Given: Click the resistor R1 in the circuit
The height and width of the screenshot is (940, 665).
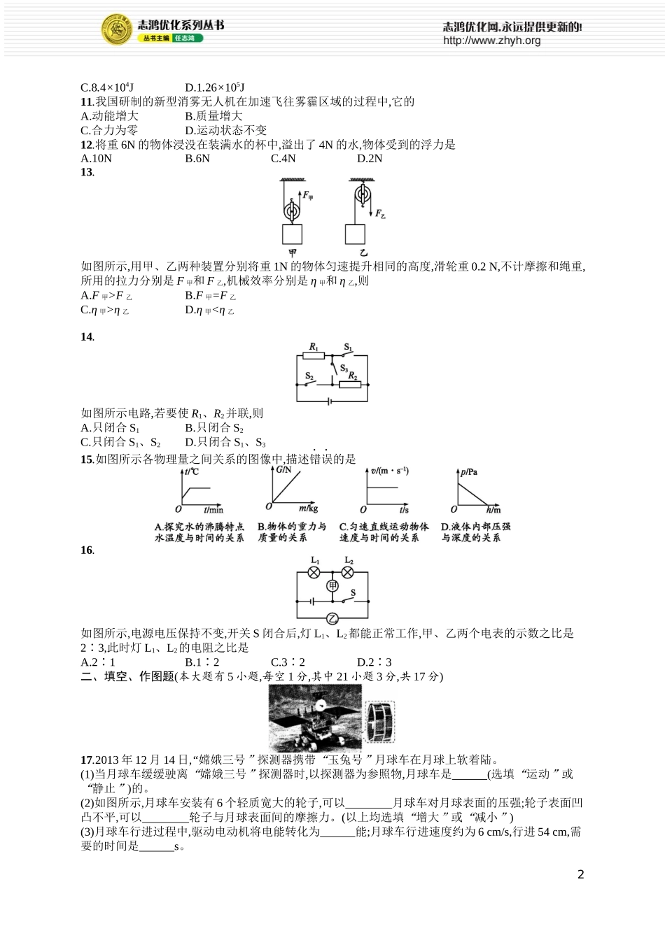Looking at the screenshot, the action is click(314, 355).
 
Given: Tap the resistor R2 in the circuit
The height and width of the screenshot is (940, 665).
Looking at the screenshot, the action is click(349, 384).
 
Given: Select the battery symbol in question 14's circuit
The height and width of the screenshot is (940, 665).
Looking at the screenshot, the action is click(330, 401).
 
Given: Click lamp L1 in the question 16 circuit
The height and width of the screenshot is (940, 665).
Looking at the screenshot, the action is click(315, 572).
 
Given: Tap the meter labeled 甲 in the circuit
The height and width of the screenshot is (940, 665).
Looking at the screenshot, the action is click(332, 585).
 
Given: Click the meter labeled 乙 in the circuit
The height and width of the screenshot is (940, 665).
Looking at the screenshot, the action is click(332, 618).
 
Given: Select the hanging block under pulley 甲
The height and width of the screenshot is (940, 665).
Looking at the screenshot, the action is click(293, 234).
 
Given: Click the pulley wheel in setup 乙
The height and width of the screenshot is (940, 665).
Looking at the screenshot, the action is click(362, 195).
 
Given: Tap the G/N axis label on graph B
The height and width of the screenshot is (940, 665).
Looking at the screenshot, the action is click(283, 469).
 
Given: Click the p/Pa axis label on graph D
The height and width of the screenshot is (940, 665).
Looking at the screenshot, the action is click(469, 471).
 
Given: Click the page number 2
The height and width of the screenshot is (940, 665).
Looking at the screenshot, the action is click(580, 874).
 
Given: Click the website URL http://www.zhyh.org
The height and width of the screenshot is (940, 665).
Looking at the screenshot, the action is click(491, 41).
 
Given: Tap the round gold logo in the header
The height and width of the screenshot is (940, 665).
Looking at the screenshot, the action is click(117, 29).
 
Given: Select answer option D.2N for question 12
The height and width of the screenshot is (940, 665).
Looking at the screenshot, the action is click(370, 159).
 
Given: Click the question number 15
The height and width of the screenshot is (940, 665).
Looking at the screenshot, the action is click(87, 460).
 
